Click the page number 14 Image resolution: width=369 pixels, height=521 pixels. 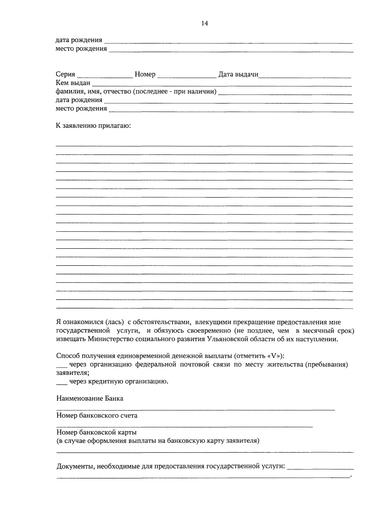point(204,23)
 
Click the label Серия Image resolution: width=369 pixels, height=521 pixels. point(65,74)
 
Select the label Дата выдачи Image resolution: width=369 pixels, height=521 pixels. point(238,74)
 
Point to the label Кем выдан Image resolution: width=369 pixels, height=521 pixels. point(73,83)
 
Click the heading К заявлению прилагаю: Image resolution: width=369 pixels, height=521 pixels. point(93,126)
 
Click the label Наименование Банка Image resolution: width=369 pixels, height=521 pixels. point(90,399)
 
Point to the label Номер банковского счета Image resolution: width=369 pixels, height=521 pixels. point(97,416)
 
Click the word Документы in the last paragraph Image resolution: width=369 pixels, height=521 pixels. point(75,466)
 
